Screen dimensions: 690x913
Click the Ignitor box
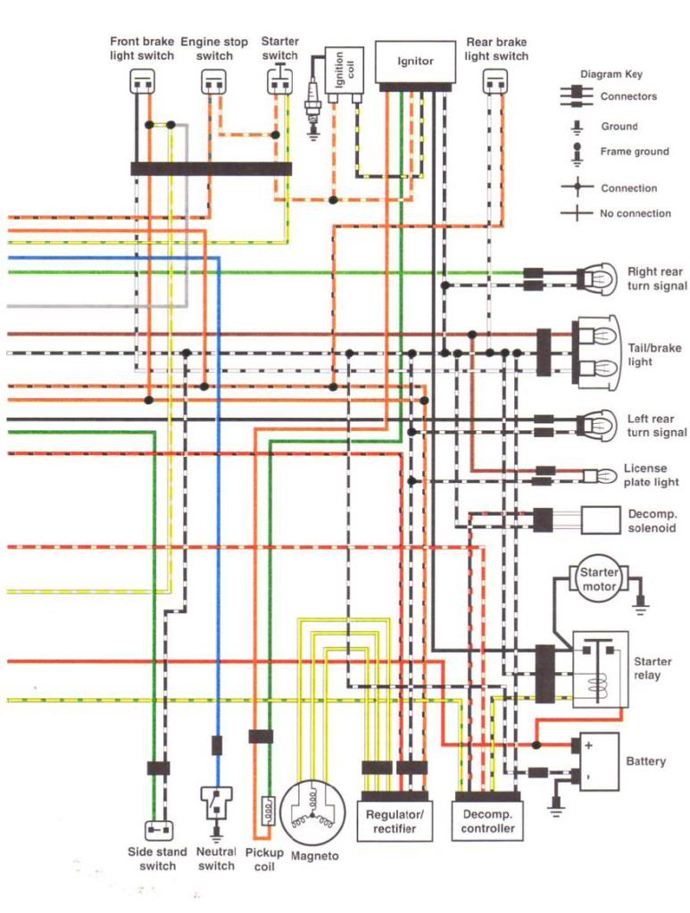tap(414, 62)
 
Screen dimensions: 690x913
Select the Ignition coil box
tap(344, 71)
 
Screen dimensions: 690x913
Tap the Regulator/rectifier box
tap(395, 821)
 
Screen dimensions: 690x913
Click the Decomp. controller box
tap(487, 821)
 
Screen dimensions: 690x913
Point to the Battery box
tap(599, 761)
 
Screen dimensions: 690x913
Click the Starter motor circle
tap(599, 579)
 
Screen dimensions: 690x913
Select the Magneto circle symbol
tap(313, 813)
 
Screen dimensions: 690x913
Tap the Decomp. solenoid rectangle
tap(601, 520)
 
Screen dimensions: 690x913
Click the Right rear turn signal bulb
tap(597, 279)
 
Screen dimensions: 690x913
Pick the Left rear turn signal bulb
tap(597, 426)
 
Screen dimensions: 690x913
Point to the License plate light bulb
tap(600, 476)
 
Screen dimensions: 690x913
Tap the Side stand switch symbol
tap(158, 829)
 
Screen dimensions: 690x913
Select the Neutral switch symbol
tap(216, 806)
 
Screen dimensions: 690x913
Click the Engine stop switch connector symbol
tap(213, 82)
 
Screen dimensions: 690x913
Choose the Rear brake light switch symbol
tap(495, 81)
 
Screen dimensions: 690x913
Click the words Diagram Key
tap(611, 75)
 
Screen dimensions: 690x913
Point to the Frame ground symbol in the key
tap(577, 154)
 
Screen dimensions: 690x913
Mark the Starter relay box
tap(601, 669)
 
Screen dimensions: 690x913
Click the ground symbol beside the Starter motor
tap(641, 606)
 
